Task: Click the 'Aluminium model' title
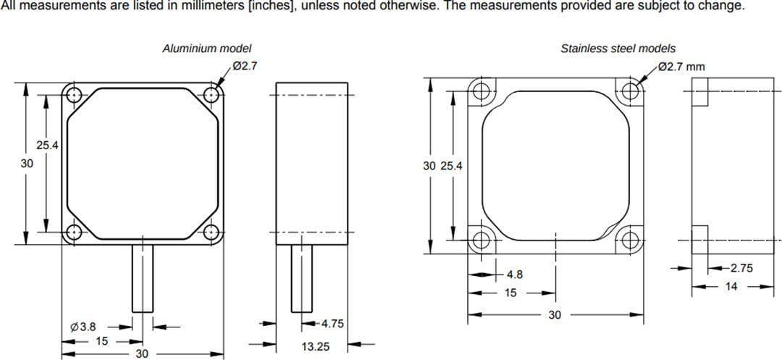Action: tap(206, 49)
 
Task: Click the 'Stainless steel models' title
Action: tap(618, 49)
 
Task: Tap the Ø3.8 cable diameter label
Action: tap(84, 327)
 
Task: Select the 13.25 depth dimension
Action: tap(316, 346)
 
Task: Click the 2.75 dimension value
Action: tap(740, 268)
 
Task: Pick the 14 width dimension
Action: tap(731, 287)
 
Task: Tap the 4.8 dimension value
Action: tap(515, 275)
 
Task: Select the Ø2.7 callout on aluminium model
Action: tap(245, 66)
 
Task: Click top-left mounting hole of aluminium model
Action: tap(72, 94)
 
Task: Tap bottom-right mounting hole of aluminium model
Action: tap(211, 233)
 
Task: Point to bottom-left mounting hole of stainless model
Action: tap(480, 240)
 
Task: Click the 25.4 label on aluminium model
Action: tap(48, 146)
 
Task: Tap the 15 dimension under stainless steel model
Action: tap(510, 293)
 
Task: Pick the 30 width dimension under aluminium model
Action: tap(143, 353)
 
